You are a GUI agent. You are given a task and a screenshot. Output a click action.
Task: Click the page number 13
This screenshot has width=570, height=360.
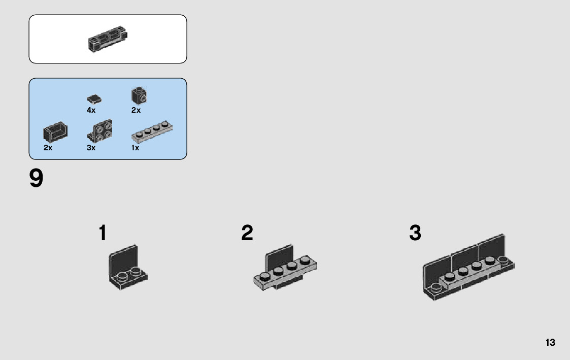(x=550, y=343)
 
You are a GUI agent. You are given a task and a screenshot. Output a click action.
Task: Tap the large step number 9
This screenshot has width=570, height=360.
(x=37, y=179)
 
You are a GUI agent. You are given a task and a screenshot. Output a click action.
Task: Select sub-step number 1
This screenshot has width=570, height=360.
(x=103, y=234)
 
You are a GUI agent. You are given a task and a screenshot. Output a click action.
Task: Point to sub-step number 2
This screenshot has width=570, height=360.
(x=247, y=234)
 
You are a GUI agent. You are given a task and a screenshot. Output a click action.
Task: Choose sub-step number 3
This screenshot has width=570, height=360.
(x=415, y=234)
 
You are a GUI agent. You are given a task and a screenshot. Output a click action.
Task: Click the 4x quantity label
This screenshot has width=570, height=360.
(x=91, y=110)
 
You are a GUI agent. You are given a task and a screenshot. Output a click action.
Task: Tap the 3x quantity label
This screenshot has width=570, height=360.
(x=91, y=148)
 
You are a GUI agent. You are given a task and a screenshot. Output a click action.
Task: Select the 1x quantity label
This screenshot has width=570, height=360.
(x=135, y=148)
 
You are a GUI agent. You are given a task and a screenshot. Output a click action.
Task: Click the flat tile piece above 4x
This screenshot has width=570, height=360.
(x=94, y=99)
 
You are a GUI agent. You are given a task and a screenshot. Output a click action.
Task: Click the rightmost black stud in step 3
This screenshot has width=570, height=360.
(x=504, y=260)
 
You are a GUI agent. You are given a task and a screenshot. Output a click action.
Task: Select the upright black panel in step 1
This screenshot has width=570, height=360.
(x=123, y=258)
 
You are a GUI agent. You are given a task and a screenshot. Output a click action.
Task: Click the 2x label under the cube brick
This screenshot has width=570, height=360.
(x=136, y=110)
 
